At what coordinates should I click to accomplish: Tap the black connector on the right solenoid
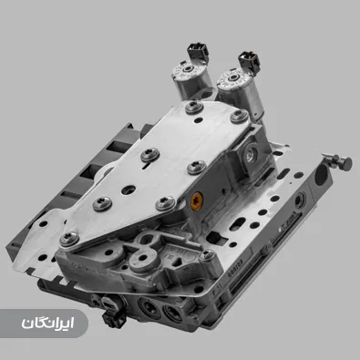pyautogui.click(x=246, y=62)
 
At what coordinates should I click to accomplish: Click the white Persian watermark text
pyautogui.click(x=46, y=323)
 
